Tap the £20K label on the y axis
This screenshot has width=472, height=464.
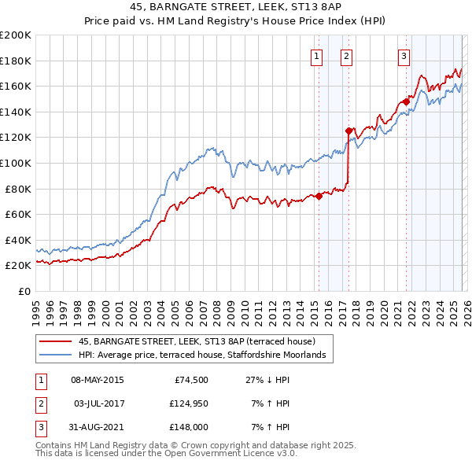point(17,266)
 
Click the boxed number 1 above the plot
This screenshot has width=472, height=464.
point(316,56)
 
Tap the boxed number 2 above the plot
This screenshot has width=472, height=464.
point(346,56)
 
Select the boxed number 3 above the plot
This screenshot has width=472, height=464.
point(404,56)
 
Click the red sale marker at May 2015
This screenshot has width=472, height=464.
point(319,197)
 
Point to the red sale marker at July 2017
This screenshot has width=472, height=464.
point(348,131)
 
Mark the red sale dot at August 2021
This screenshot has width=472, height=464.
point(407,101)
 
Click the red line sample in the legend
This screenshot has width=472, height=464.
point(56,341)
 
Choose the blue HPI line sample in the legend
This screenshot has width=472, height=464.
point(56,355)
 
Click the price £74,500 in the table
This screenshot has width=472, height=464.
point(192,380)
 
